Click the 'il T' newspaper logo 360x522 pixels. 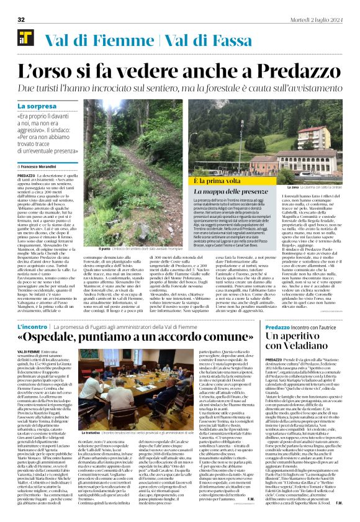click(25, 40)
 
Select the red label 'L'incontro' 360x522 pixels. click(32, 326)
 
